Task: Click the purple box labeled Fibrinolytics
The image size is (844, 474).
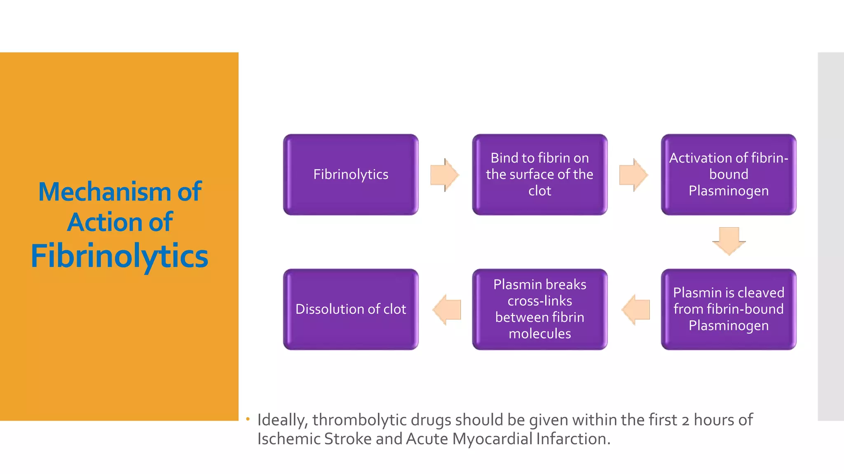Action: pos(351,174)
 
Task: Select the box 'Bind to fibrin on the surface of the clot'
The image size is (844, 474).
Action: pos(539,174)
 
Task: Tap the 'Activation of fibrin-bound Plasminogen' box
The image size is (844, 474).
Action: pos(728,174)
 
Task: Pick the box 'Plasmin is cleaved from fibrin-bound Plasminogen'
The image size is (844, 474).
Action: pos(728,309)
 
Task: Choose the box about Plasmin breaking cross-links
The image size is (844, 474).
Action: pos(539,309)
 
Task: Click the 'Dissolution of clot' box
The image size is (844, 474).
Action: pos(351,309)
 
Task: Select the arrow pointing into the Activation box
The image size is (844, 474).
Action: pos(633,175)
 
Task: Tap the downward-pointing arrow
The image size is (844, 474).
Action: pos(729,241)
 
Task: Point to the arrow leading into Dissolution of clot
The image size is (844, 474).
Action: pos(447,310)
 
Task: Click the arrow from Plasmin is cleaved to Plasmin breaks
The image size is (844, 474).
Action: pos(635,310)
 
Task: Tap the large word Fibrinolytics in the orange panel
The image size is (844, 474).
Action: pos(120,256)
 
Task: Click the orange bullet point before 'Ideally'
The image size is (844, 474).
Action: pos(248,419)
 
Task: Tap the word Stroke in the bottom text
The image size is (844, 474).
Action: pos(348,439)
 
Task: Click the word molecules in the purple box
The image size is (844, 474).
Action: pos(539,334)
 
